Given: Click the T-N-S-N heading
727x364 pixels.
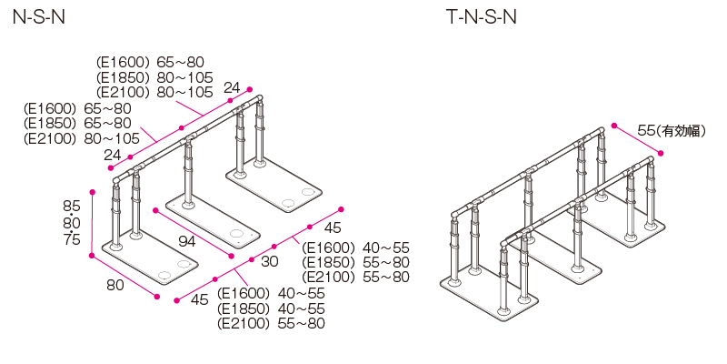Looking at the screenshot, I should point(481,18).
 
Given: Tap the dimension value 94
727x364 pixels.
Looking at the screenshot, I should point(187,241).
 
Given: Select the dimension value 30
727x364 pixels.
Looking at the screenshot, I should point(270,261).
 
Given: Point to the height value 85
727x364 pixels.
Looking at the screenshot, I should point(72,205).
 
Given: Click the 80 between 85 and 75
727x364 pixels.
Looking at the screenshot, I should point(72,222).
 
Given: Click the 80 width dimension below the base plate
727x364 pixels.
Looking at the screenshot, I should point(115,285).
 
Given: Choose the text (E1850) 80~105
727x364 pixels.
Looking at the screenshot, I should point(154,76).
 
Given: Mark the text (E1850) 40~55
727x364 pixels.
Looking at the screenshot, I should point(271,308).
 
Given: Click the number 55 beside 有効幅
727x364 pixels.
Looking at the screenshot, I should point(646,130).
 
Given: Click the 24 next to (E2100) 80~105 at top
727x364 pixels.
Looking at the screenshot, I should point(232,88).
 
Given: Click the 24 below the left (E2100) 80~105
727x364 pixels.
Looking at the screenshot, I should point(113,156).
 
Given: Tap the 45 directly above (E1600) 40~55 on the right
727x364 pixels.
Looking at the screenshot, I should point(333,228).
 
